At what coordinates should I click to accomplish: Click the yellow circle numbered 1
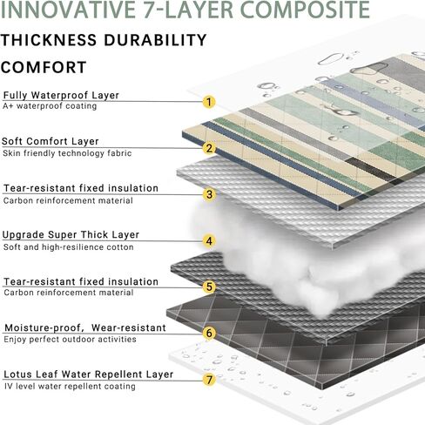coord(209,102)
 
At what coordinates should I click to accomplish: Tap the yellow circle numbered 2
coord(209,148)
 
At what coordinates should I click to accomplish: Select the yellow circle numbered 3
coord(209,194)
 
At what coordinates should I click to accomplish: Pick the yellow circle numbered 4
coord(209,241)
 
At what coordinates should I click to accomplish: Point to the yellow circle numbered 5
coord(209,287)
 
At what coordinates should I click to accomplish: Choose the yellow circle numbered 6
coord(209,333)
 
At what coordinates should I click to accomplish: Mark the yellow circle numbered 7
coord(209,380)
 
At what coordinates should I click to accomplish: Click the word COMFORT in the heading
coord(44,67)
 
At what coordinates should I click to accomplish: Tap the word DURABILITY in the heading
coord(155,40)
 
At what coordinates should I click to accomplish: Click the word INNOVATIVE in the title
coord(68,10)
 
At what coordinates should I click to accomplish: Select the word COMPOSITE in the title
coord(306,10)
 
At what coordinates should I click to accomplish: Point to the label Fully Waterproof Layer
coord(61,95)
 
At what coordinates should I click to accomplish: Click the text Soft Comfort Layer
coord(51,141)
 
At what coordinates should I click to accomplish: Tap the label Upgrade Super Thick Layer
coord(71,235)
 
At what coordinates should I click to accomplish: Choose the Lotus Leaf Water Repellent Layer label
coord(89,374)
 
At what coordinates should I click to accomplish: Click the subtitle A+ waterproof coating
coord(50,106)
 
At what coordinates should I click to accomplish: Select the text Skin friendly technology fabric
coord(67,153)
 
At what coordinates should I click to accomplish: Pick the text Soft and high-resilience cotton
coord(69,247)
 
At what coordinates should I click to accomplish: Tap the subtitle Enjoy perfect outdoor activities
coord(70,340)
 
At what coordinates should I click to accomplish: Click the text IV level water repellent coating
coord(70,387)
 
